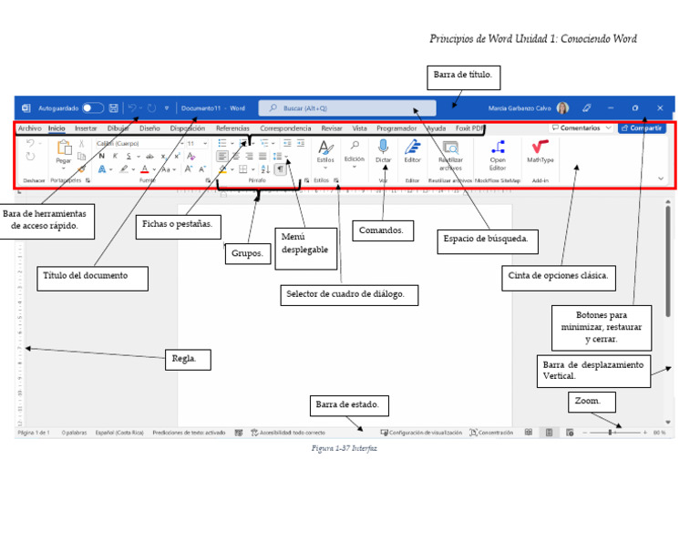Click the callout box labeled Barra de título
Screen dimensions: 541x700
(464, 77)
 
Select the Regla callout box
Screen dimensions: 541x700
(188, 359)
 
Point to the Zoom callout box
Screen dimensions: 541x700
(592, 402)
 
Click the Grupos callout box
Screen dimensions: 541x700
(247, 253)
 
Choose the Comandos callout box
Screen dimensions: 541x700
(381, 230)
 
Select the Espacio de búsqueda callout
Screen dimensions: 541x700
(488, 241)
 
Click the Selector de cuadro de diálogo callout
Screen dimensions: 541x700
(349, 295)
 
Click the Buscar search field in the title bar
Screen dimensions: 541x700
(347, 107)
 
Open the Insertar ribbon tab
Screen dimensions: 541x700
(86, 128)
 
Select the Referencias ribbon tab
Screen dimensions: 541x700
(232, 128)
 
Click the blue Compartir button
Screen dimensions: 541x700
(642, 128)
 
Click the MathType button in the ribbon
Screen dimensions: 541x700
(540, 150)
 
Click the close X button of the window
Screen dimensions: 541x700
(660, 107)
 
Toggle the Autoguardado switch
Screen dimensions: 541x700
(93, 107)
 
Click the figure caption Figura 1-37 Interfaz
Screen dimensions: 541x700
(344, 448)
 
